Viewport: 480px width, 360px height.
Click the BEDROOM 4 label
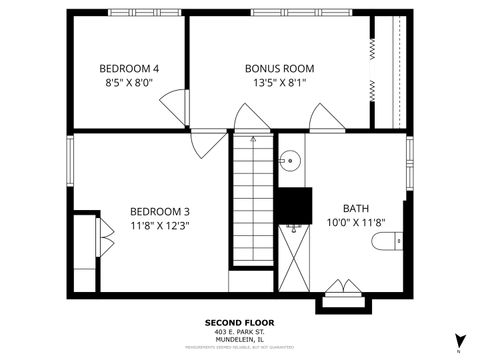click(129, 68)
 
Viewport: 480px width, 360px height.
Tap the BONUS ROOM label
click(280, 68)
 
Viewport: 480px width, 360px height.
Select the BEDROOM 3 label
click(160, 211)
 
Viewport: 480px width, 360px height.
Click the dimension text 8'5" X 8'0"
click(129, 84)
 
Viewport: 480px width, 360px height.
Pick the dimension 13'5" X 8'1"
click(280, 84)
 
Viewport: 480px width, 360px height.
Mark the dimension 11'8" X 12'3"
click(160, 226)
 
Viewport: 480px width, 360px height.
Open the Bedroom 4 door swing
click(174, 104)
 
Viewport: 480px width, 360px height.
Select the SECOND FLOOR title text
click(239, 323)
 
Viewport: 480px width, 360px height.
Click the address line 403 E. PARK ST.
click(239, 332)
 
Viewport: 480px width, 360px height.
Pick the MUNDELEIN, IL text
click(239, 340)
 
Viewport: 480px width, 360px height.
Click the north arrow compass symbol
click(459, 340)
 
